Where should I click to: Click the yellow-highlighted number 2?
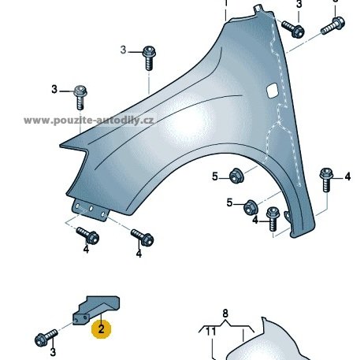(101, 329)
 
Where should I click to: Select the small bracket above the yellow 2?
(96, 309)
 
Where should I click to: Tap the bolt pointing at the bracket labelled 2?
(46, 338)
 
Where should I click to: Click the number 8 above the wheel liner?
(225, 314)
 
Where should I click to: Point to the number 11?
(210, 332)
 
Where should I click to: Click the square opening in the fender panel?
(272, 91)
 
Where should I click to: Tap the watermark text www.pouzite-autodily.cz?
(89, 121)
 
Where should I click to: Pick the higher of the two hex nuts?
(236, 176)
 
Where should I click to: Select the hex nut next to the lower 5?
(251, 207)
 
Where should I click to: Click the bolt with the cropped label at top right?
(332, 26)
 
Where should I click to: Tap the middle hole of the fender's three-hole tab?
(91, 209)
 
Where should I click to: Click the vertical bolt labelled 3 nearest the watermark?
(80, 98)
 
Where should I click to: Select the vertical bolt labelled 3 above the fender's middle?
(149, 58)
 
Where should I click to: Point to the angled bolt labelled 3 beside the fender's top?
(293, 28)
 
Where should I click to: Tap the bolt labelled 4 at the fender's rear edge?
(326, 180)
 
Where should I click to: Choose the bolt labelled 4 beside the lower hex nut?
(273, 219)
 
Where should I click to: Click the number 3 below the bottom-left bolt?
(53, 352)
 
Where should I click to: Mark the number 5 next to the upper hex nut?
(215, 176)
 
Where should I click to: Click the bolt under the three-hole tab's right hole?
(142, 237)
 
